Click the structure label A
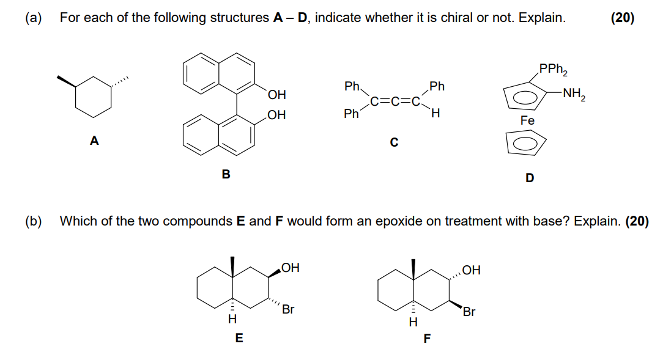94,141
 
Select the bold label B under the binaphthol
226,175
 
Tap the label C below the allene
394,143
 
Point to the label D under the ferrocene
530,178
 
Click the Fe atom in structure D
527,121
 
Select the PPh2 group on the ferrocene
554,70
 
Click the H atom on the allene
435,114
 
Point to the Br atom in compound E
287,310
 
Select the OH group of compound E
291,268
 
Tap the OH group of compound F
472,269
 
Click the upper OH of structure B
276,95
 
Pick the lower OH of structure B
276,115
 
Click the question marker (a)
33,18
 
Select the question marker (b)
33,221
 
